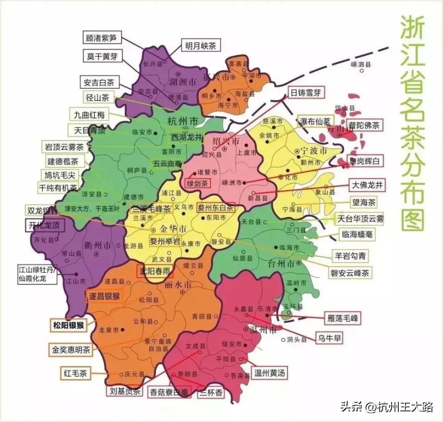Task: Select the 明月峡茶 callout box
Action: [x=200, y=45]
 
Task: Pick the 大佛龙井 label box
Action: [x=366, y=185]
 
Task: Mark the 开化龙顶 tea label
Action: [x=44, y=225]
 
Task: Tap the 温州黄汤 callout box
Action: [x=268, y=373]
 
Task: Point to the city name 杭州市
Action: [x=182, y=121]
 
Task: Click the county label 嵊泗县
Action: [x=360, y=64]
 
